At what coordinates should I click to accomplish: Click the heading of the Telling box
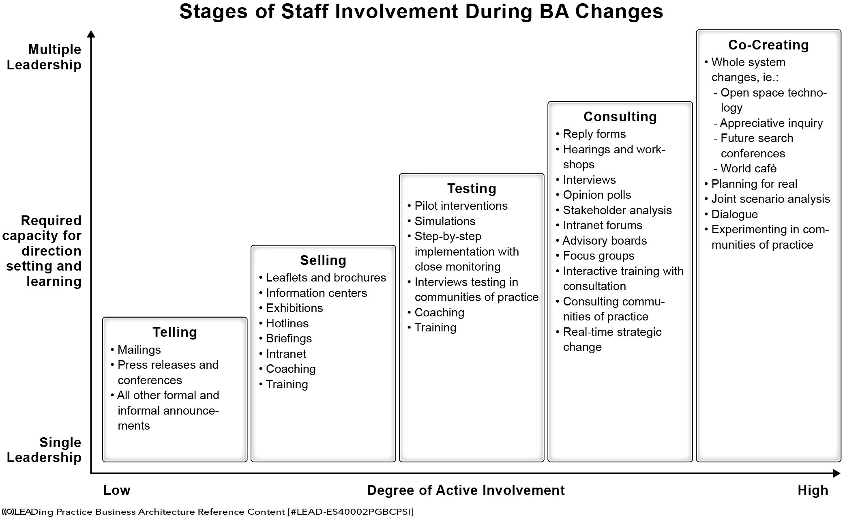tap(175, 332)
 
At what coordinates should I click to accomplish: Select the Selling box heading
tap(323, 260)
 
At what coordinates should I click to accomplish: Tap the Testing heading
tap(472, 189)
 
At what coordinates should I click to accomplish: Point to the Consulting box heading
tap(620, 117)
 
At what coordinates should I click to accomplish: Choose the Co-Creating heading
tap(768, 45)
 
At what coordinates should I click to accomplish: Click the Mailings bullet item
tap(136, 350)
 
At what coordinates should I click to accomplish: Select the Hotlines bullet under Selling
tap(284, 323)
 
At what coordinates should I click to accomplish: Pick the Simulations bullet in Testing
tap(442, 221)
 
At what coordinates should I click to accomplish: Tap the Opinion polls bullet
tap(594, 195)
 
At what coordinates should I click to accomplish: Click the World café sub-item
tap(745, 168)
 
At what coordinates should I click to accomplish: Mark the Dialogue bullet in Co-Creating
tap(731, 214)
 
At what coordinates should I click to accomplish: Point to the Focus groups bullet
tap(595, 256)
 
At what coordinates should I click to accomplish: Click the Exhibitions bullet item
tap(291, 308)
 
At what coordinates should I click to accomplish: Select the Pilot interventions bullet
tap(457, 206)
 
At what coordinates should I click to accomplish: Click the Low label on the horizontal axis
tap(117, 490)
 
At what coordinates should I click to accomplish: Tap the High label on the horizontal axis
tap(813, 490)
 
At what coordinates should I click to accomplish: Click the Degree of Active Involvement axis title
tap(466, 490)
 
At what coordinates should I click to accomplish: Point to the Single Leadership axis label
tap(44, 450)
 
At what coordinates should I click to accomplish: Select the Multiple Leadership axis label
tap(44, 57)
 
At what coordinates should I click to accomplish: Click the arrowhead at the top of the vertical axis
tap(91, 34)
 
